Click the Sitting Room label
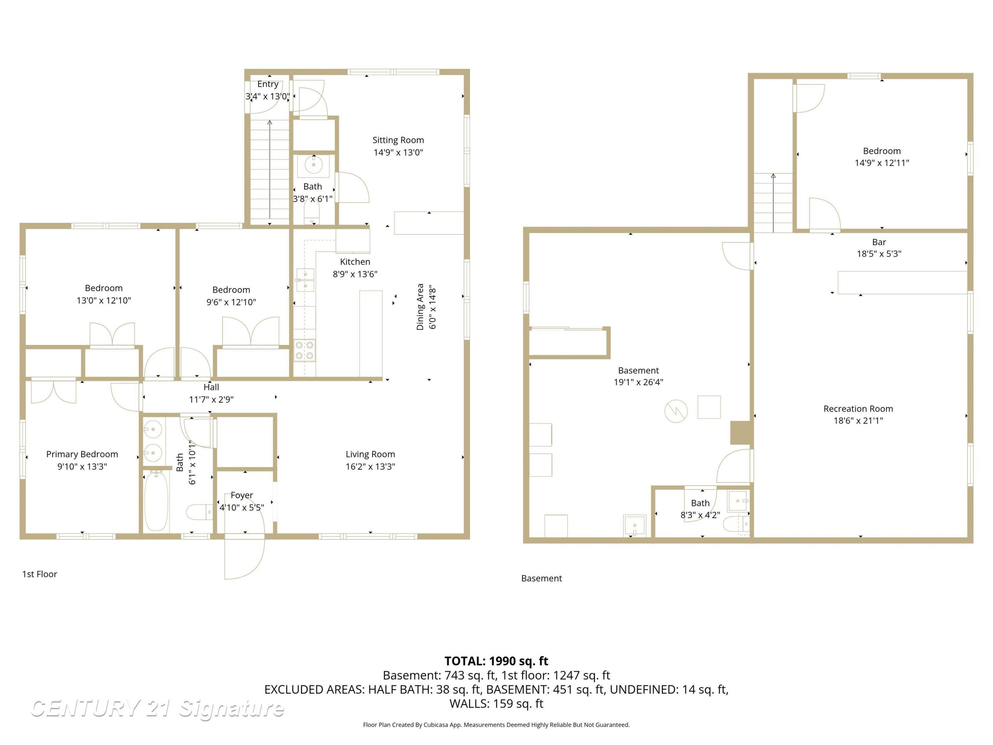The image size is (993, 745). [x=398, y=140]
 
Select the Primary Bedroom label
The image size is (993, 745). [x=82, y=454]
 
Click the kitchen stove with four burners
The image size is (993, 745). [x=305, y=350]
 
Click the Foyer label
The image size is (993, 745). [x=242, y=495]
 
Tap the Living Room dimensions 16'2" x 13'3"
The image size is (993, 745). [x=370, y=466]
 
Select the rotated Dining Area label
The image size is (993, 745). [x=420, y=307]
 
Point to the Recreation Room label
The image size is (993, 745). [x=858, y=409]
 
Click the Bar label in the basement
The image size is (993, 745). [x=879, y=242]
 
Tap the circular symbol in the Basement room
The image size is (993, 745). [x=676, y=411]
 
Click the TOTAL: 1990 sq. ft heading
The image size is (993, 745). [x=496, y=661]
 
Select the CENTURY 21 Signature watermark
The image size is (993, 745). [x=157, y=709]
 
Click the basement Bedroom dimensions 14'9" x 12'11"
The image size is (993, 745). [x=882, y=163]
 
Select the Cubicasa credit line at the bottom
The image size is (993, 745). [x=496, y=724]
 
